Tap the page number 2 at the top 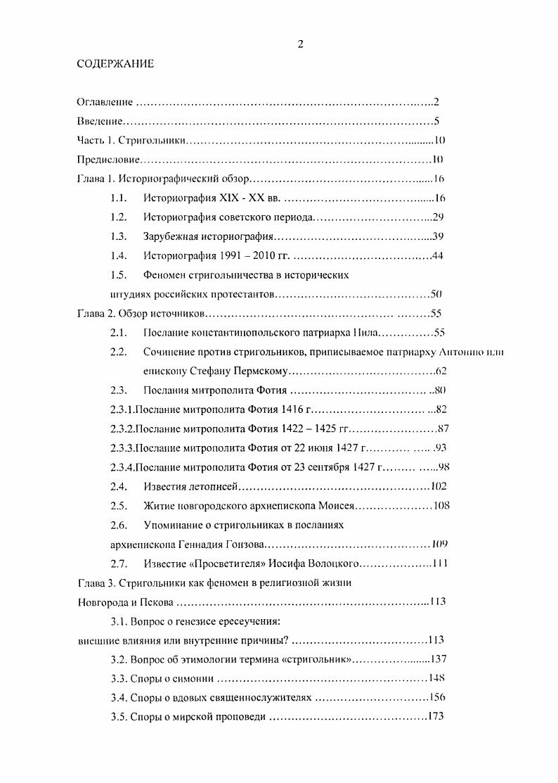300,44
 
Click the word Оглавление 105,102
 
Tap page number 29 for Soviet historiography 437,217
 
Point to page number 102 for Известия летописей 439,485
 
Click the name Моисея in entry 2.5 337,504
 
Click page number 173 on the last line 436,716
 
